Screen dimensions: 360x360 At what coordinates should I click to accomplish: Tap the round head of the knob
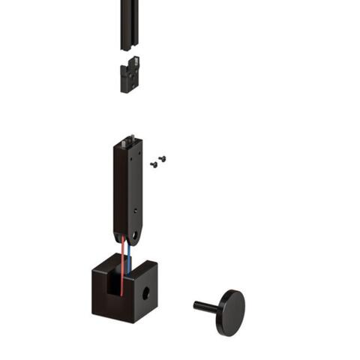tap(231, 312)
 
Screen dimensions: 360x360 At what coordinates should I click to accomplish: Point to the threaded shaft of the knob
tap(204, 305)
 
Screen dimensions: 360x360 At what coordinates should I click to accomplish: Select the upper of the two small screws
tap(161, 158)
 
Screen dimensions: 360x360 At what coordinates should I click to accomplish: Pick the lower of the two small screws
tap(154, 164)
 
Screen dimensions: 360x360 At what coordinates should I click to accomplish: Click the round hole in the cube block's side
tap(147, 292)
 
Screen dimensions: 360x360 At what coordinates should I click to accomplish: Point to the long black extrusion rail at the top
tap(130, 22)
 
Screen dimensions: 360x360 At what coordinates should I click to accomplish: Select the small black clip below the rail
tap(130, 75)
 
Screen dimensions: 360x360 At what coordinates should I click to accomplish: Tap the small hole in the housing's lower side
tap(135, 211)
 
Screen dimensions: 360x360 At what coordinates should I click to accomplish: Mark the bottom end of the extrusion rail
tap(130, 46)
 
